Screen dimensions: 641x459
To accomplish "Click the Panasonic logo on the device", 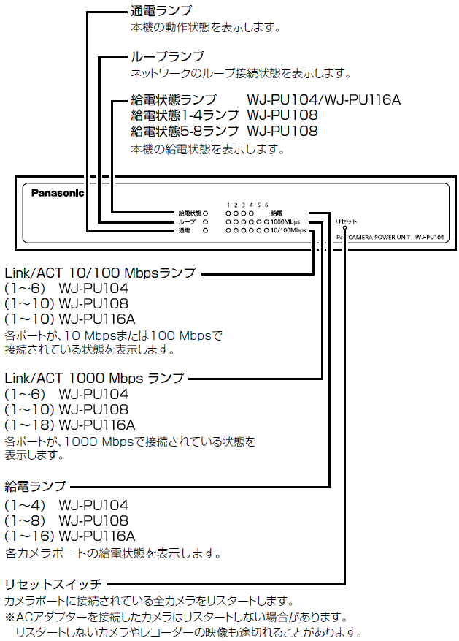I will tap(58, 194).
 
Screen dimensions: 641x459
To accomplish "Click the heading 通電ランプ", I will tap(161, 11).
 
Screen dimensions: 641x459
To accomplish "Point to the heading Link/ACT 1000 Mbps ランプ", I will tap(94, 378).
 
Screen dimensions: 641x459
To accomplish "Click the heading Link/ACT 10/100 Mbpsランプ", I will tap(100, 273).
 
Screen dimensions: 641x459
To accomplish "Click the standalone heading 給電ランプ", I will tap(35, 486).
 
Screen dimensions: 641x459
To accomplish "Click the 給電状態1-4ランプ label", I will tap(185, 115).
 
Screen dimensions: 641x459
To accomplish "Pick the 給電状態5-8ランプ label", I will tap(185, 132).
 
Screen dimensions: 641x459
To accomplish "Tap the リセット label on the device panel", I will tap(346, 221).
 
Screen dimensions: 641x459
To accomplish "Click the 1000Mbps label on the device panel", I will tap(285, 221).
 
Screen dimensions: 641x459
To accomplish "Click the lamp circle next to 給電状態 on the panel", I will tap(206, 212).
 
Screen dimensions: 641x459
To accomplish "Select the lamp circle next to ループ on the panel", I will tap(206, 221).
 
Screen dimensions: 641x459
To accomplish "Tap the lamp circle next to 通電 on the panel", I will tap(206, 230).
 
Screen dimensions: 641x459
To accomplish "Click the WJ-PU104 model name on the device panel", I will tap(429, 238).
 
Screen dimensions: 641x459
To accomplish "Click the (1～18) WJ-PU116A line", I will tap(70, 425).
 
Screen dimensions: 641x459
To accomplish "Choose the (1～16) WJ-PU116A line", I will tap(70, 536).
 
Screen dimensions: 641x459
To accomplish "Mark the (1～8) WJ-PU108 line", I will tap(66, 520).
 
